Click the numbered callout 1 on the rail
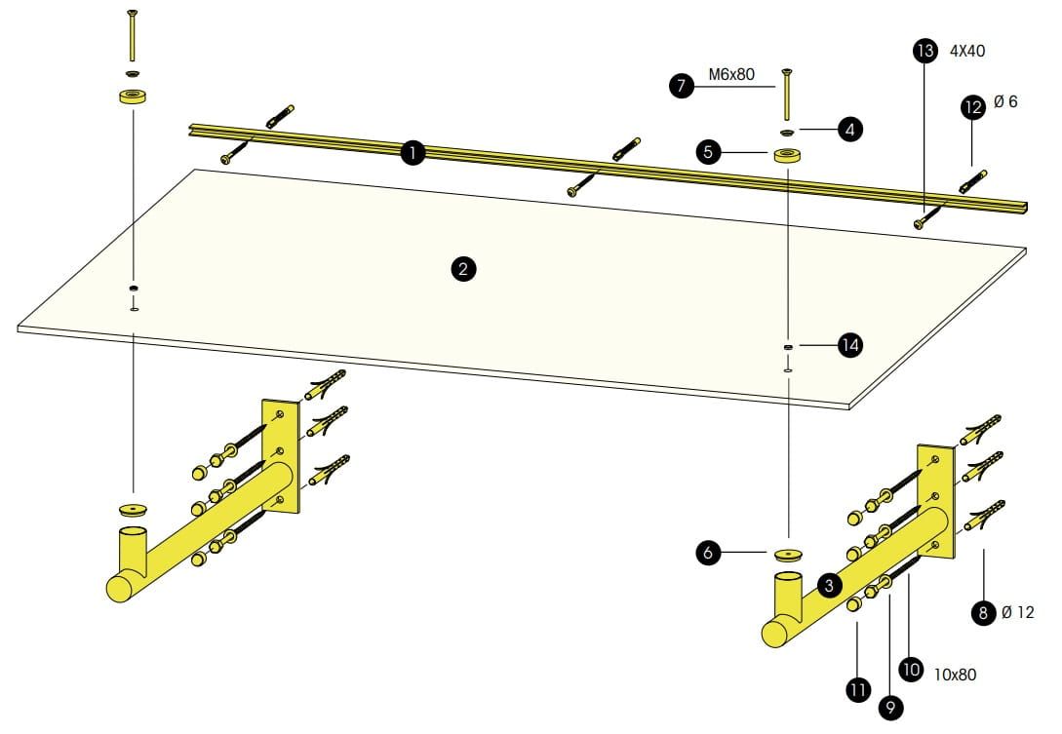(413, 152)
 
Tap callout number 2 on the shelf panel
(464, 269)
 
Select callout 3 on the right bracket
(828, 585)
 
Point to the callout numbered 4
(851, 128)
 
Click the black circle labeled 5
(708, 152)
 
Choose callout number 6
(709, 553)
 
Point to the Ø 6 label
(1005, 101)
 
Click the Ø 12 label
(1017, 613)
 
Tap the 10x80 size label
(956, 674)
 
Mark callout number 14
(850, 344)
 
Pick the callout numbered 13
(925, 50)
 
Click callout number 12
(972, 107)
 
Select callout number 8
(983, 613)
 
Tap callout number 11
(858, 690)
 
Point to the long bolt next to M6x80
(786, 92)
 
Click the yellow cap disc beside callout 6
(787, 554)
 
